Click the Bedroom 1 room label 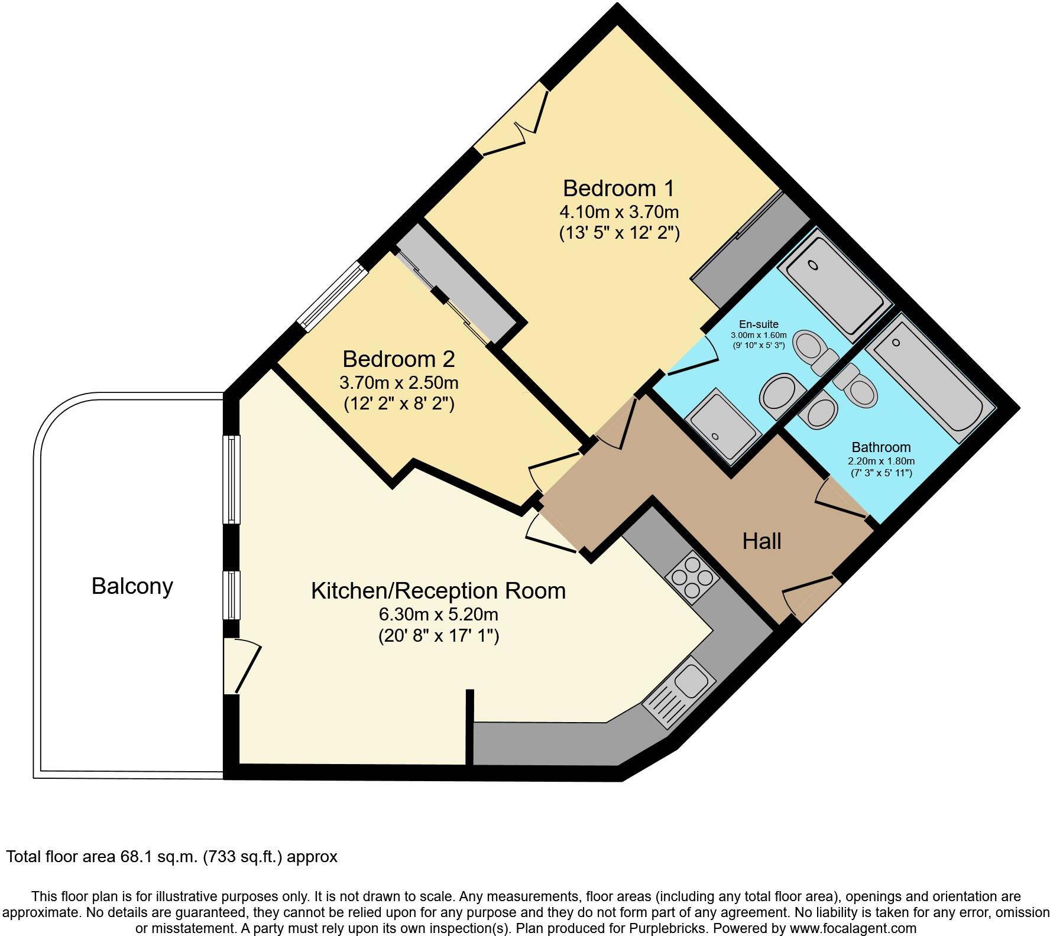click(x=618, y=188)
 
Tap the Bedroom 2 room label click(x=398, y=359)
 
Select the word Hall click(x=761, y=541)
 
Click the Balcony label click(x=132, y=586)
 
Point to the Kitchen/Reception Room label click(x=438, y=590)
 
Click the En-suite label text click(x=759, y=324)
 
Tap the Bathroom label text click(x=881, y=447)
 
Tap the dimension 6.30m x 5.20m click(x=438, y=615)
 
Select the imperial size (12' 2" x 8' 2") click(x=398, y=404)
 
